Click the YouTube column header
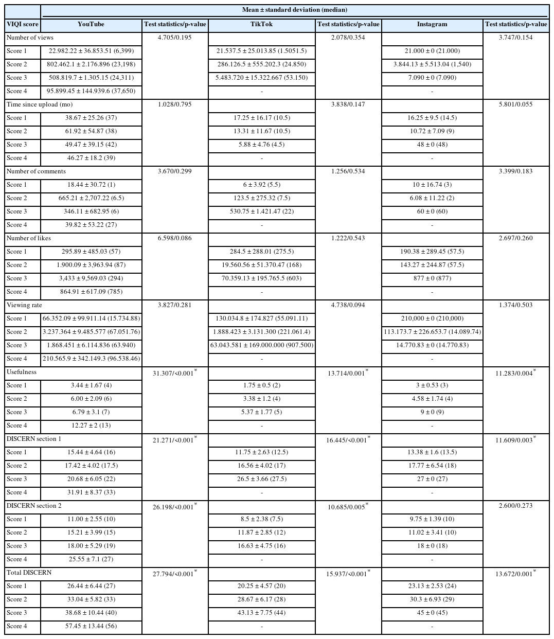(x=91, y=24)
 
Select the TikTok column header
(x=261, y=24)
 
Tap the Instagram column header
(x=432, y=24)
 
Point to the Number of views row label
(x=30, y=38)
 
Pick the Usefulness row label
(x=22, y=372)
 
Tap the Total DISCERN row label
(x=29, y=573)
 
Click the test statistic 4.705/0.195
(x=175, y=38)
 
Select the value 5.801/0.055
(x=515, y=104)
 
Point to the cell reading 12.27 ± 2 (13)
(x=91, y=425)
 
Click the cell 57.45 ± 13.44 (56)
(x=91, y=626)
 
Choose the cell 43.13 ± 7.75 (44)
(x=261, y=613)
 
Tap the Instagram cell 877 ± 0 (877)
(x=432, y=278)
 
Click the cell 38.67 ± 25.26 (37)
(x=91, y=118)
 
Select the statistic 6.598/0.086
(x=175, y=238)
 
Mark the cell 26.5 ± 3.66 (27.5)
(x=261, y=479)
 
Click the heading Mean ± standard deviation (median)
(x=294, y=10)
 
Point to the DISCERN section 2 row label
(x=34, y=506)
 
